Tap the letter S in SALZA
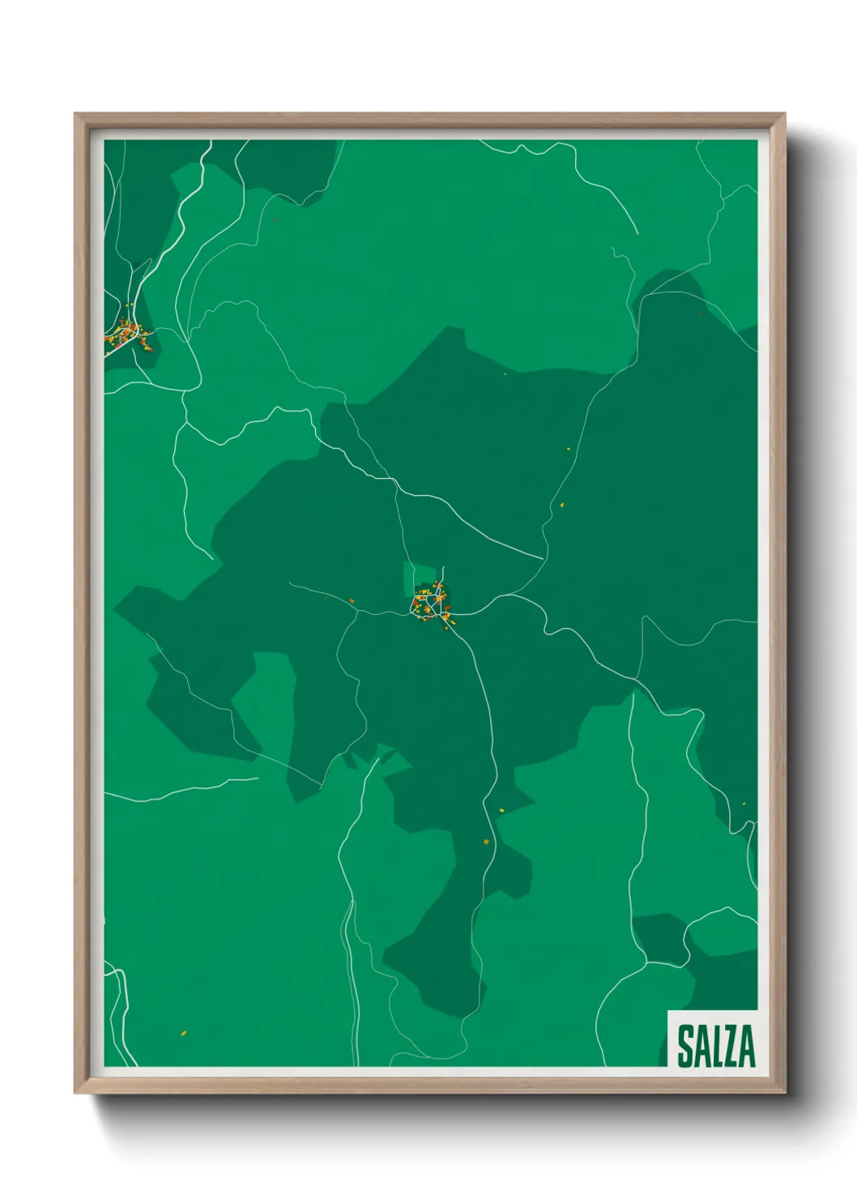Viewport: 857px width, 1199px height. tap(684, 1046)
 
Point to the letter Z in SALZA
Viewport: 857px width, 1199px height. tap(731, 1046)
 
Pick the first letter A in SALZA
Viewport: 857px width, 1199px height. tap(701, 1046)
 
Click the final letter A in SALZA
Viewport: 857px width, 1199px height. tap(746, 1046)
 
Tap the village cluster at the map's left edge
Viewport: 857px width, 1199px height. tap(128, 336)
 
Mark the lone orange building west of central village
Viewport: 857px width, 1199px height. tap(352, 600)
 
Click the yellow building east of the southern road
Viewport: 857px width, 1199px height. tap(501, 809)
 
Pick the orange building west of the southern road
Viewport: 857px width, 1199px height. tap(486, 843)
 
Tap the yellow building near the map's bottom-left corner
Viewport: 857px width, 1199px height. tap(183, 1033)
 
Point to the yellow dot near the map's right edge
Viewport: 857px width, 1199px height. tap(744, 804)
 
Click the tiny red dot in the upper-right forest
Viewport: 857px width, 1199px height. tap(701, 314)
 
